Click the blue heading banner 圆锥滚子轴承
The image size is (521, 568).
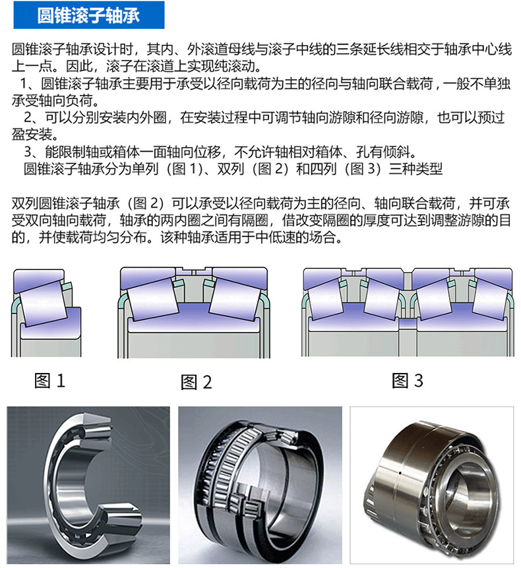pos(89,15)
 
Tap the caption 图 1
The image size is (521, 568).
pos(49,381)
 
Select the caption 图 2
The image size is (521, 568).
pos(196,382)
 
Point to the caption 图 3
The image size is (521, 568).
pos(408,381)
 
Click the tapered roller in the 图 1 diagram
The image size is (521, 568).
pos(43,302)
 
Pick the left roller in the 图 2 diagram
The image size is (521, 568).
pos(152,298)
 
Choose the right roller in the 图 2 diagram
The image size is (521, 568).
pos(235,298)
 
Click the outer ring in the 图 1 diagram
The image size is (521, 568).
pos(39,279)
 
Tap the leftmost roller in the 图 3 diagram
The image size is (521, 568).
pos(325,299)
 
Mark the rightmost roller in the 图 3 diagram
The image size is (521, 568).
pos(490,299)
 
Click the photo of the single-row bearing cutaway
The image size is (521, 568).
pos(88,485)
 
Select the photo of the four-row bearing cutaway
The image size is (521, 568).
pos(260,485)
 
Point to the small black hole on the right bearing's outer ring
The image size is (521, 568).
pos(400,472)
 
